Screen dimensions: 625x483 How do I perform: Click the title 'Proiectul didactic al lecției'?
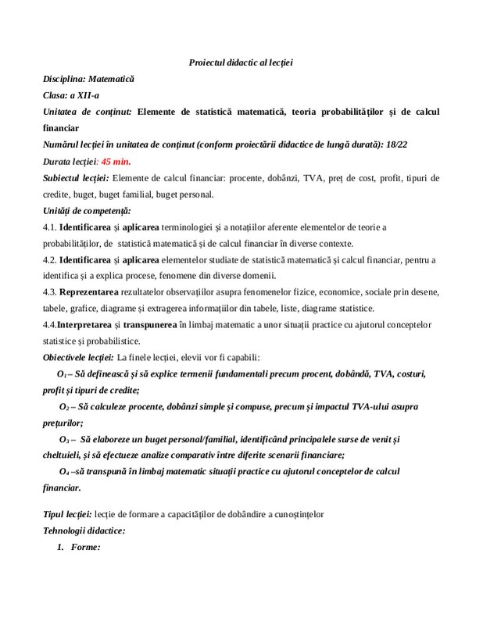241,62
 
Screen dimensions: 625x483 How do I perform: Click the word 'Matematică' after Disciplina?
111,79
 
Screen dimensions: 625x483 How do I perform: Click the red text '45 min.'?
116,161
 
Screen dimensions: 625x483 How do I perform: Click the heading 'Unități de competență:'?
87,210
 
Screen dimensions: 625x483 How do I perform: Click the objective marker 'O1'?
63,374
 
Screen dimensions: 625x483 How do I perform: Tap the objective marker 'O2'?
66,407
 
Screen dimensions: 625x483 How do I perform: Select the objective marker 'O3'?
66,440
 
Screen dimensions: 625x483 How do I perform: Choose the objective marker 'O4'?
66,472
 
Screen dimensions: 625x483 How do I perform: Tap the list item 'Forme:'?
85,548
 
